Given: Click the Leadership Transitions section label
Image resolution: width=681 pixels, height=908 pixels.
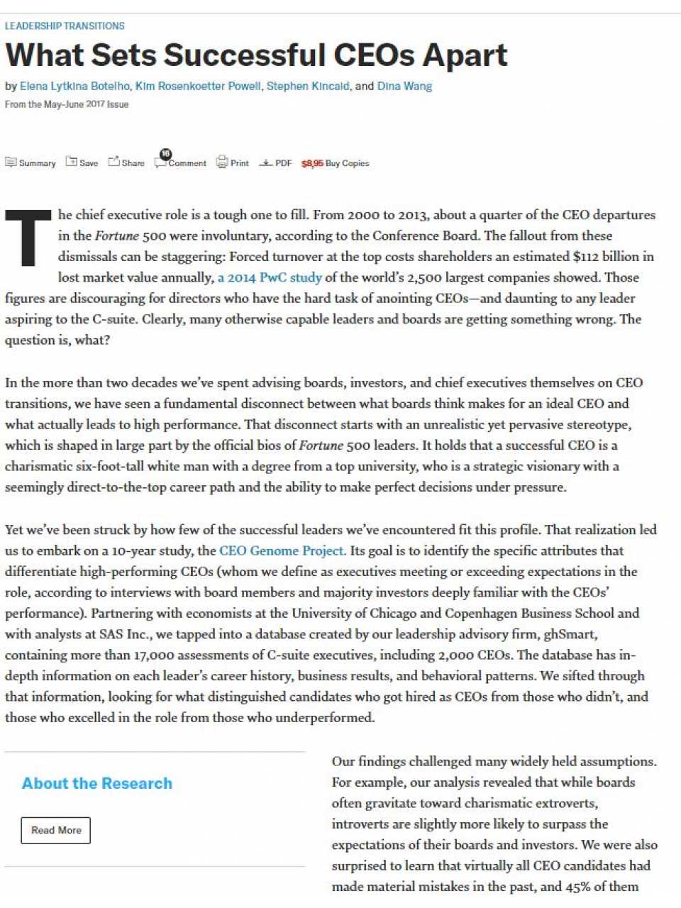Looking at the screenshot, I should click(x=65, y=26).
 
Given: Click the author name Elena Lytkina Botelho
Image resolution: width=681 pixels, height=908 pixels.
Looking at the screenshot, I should click(x=74, y=87).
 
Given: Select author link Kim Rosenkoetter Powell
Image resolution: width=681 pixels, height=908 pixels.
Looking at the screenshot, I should click(x=198, y=87).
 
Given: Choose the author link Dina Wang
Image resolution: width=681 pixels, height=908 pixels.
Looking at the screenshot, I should click(x=404, y=87).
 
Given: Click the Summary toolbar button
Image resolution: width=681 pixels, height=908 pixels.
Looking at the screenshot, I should click(x=31, y=163).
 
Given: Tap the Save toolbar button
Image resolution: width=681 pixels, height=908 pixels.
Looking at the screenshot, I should click(x=82, y=163).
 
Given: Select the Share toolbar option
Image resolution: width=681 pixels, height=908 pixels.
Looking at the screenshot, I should click(x=126, y=163).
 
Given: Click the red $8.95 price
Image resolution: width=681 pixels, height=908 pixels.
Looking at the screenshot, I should click(x=312, y=163).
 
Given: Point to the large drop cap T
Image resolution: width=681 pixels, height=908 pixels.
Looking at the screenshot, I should click(x=28, y=238).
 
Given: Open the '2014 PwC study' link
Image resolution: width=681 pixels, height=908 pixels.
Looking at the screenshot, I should click(x=270, y=277).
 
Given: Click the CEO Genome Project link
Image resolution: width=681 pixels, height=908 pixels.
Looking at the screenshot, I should click(x=282, y=550).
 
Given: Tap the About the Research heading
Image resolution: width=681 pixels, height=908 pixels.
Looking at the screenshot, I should click(x=97, y=783).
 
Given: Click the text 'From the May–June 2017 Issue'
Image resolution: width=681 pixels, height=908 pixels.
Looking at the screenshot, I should click(x=67, y=104).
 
